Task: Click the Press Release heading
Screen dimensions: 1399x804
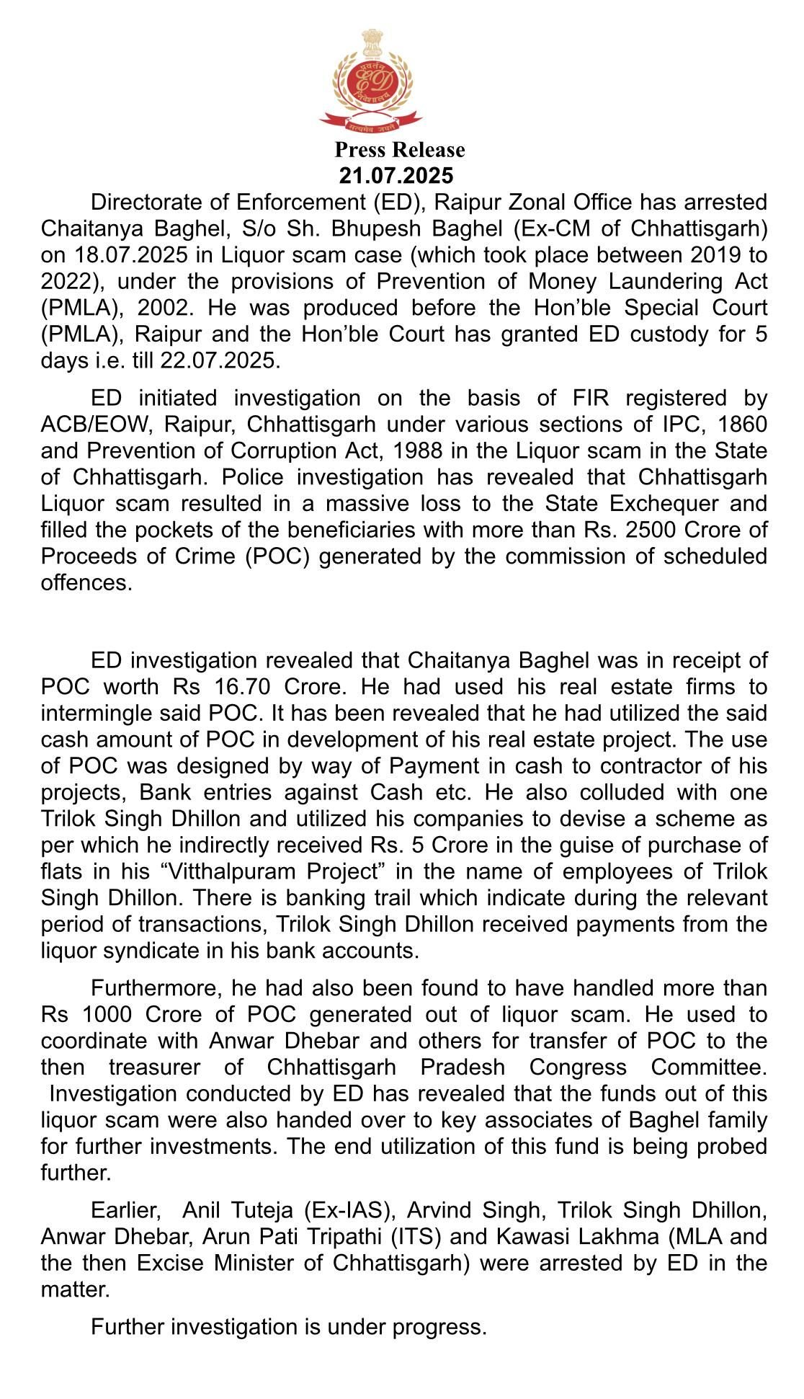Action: pyautogui.click(x=400, y=150)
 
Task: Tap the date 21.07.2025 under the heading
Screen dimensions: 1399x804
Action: pyautogui.click(x=397, y=176)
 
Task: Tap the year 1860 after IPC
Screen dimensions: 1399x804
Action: pyautogui.click(x=743, y=425)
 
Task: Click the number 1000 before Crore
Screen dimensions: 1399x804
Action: pyautogui.click(x=107, y=1015)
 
